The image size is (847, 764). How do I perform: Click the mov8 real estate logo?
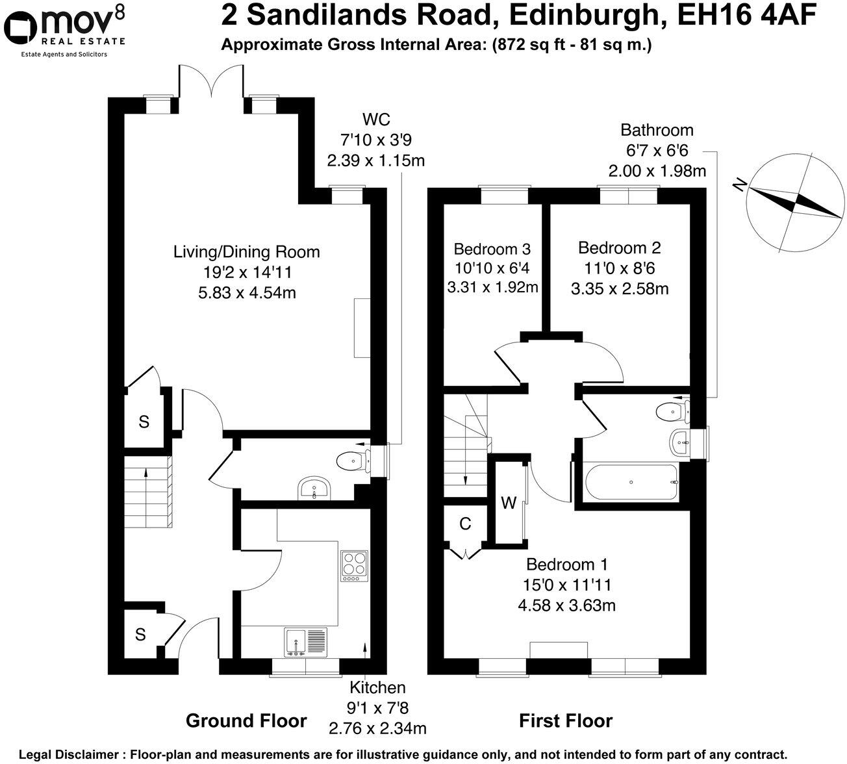pyautogui.click(x=65, y=30)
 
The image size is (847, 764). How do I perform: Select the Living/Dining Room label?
pyautogui.click(x=246, y=251)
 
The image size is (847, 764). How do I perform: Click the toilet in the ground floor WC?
pyautogui.click(x=352, y=461)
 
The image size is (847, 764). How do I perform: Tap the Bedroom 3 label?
pyautogui.click(x=492, y=249)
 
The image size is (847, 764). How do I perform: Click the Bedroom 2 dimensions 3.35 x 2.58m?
pyautogui.click(x=620, y=288)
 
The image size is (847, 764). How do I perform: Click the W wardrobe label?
pyautogui.click(x=509, y=503)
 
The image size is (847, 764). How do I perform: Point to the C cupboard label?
pyautogui.click(x=465, y=525)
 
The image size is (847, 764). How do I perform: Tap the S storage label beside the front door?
pyautogui.click(x=140, y=634)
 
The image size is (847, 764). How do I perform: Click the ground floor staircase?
pyautogui.click(x=149, y=492)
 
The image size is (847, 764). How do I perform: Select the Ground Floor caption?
pyautogui.click(x=246, y=720)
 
